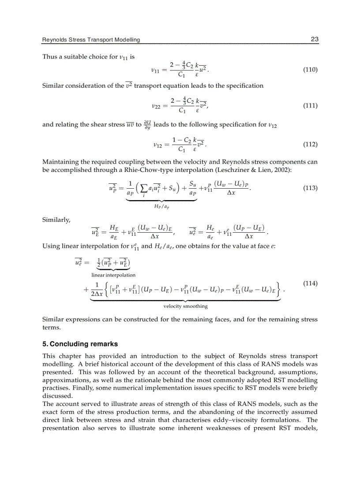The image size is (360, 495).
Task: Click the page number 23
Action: point(314,40)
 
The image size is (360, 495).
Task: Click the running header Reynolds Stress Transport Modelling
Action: point(91,40)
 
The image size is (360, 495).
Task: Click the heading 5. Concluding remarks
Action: point(80,344)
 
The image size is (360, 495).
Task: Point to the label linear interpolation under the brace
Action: point(113,275)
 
